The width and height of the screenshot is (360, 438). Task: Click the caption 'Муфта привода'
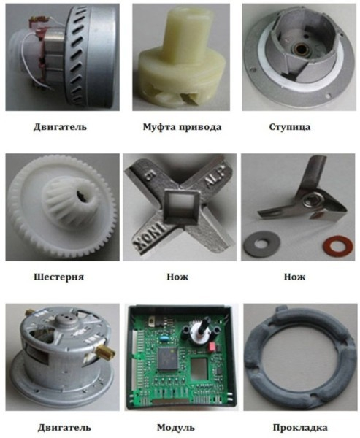[x=182, y=127]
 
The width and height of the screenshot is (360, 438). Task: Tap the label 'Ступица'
[x=290, y=127]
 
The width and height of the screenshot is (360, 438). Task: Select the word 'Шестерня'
[x=58, y=277]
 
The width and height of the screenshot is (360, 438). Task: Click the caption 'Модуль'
[x=176, y=427]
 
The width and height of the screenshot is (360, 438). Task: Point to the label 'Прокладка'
[x=300, y=427]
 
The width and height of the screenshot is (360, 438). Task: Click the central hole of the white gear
[x=84, y=196]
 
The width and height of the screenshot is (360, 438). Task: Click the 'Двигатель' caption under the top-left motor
[x=60, y=127]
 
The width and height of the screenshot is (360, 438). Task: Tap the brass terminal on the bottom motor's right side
[x=107, y=353]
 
